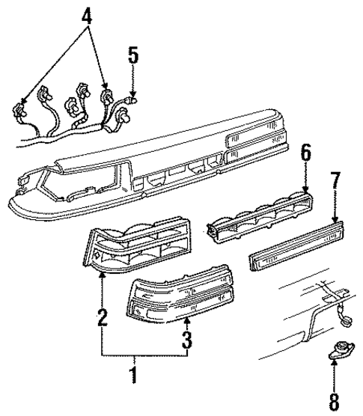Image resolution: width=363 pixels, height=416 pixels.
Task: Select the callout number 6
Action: point(305,174)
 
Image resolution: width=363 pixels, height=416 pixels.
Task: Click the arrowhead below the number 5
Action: point(132,85)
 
